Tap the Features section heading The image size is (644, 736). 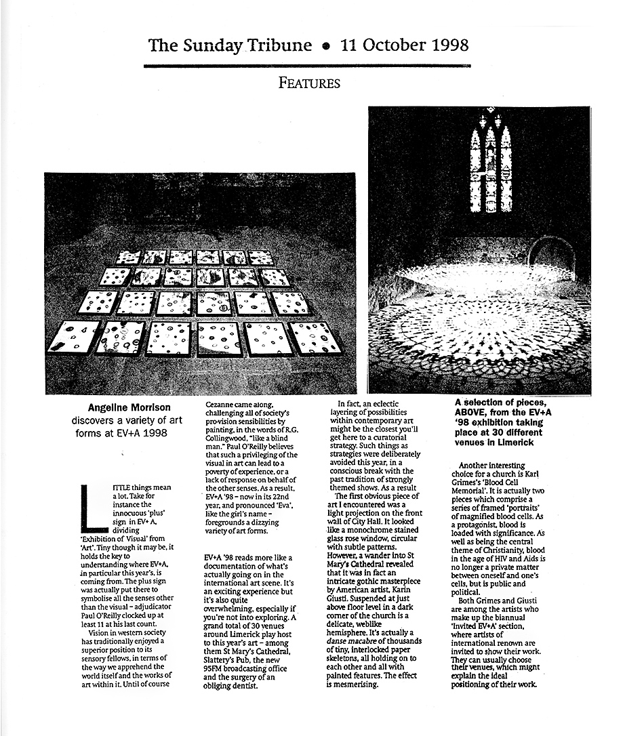click(309, 83)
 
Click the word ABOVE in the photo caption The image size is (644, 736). click(474, 411)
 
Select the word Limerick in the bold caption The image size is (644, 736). click(519, 442)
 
